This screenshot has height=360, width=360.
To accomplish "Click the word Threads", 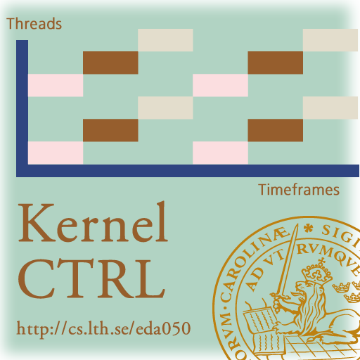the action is [34, 24].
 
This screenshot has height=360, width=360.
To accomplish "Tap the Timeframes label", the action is [299, 190].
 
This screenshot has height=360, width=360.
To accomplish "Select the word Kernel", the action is [94, 222].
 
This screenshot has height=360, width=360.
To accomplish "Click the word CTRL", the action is [91, 278].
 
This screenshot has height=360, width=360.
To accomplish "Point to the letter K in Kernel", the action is [37, 223].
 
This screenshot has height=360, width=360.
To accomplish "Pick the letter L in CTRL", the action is [150, 278].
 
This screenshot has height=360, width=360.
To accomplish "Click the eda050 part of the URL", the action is [163, 328].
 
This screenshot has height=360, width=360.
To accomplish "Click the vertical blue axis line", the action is [22, 108].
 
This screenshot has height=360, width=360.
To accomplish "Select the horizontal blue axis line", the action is [188, 171].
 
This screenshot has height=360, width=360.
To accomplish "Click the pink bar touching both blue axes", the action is [56, 153].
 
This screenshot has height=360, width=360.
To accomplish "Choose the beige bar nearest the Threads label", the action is [165, 40].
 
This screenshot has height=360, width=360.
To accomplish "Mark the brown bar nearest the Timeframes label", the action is [276, 130].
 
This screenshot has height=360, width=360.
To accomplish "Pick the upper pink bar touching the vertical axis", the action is [56, 85].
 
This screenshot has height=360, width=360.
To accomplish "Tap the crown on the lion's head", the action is [316, 273].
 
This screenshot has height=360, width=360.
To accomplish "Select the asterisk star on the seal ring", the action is [309, 229].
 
